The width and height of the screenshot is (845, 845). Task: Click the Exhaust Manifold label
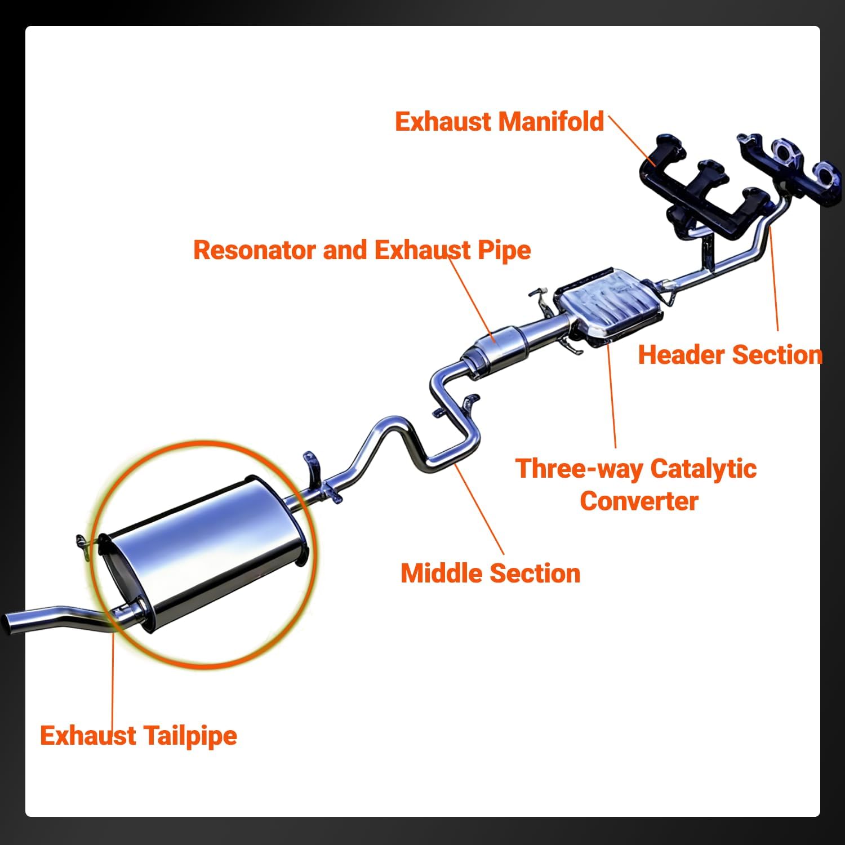click(x=499, y=122)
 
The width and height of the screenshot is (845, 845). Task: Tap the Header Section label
click(x=730, y=355)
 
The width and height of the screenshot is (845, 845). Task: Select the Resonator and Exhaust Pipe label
click(x=362, y=250)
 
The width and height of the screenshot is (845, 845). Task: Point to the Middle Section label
click(x=490, y=573)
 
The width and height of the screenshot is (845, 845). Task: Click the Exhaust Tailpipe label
click(x=139, y=736)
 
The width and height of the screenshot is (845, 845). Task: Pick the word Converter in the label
click(x=639, y=501)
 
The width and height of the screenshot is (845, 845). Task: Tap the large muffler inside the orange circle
click(x=203, y=549)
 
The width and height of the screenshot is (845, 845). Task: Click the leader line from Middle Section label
click(x=479, y=507)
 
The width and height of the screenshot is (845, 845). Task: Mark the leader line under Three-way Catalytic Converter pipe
click(x=612, y=394)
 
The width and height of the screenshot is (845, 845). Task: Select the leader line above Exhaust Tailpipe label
click(x=113, y=676)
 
